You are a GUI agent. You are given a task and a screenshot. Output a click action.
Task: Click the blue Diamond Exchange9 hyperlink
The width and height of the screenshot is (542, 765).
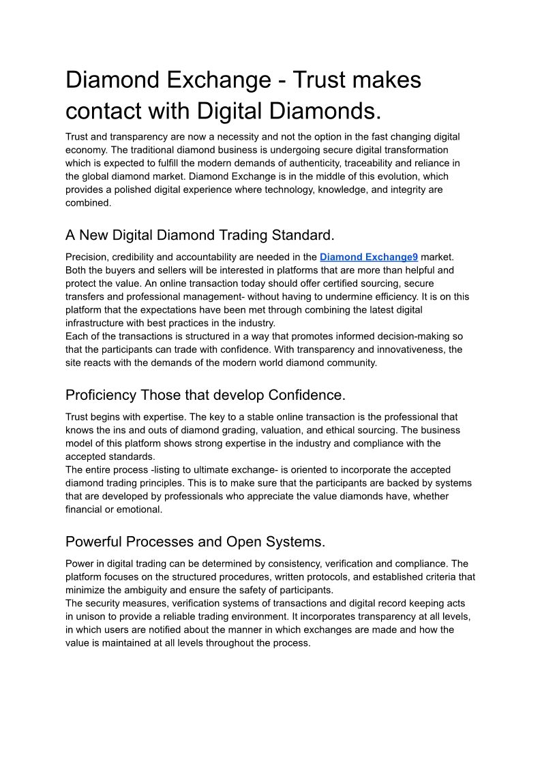tap(368, 257)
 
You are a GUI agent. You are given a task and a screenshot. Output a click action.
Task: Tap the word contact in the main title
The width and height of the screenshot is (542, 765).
tap(112, 110)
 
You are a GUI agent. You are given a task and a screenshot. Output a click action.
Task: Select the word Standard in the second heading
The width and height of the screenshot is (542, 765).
tap(301, 236)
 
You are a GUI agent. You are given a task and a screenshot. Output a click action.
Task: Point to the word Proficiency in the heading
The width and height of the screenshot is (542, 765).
tap(100, 395)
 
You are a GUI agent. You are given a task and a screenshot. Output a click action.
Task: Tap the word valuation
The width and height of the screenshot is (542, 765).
tap(314, 430)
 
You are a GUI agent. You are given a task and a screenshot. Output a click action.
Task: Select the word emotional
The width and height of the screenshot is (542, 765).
tap(140, 510)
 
